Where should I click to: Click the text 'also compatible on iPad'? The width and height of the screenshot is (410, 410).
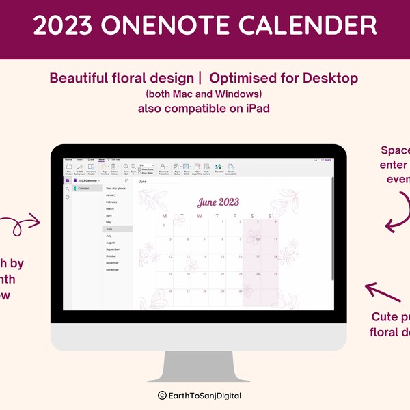click(x=204, y=108)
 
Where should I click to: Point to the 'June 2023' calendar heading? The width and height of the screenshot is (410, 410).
click(x=218, y=202)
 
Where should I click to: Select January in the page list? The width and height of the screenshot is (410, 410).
click(x=111, y=195)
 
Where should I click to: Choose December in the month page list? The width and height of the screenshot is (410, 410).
click(x=113, y=269)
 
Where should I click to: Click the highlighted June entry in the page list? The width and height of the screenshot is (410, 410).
click(x=109, y=229)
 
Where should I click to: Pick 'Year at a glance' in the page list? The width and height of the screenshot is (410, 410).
click(x=115, y=188)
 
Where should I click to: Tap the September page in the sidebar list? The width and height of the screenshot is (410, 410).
click(x=113, y=249)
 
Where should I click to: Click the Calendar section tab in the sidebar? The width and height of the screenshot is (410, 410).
click(x=84, y=188)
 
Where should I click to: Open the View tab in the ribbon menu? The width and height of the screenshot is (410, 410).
click(x=101, y=159)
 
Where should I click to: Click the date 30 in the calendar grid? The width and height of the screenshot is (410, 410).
click(x=241, y=292)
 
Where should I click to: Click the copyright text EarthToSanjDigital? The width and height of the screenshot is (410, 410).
click(x=204, y=395)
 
